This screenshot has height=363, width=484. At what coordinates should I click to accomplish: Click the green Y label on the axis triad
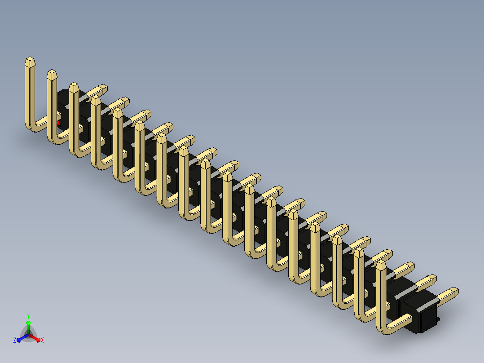(x=28, y=315)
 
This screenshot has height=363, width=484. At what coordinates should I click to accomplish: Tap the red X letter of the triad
(x=42, y=340)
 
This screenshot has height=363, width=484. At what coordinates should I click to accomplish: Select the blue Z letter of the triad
(x=15, y=340)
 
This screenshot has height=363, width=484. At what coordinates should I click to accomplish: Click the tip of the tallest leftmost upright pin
(x=30, y=61)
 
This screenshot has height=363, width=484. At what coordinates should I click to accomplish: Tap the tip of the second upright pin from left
(x=52, y=73)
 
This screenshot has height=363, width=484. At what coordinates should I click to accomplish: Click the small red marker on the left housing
(x=58, y=122)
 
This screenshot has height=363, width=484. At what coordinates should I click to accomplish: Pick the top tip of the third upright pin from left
(x=74, y=86)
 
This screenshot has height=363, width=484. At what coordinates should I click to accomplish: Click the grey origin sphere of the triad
(x=28, y=334)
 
